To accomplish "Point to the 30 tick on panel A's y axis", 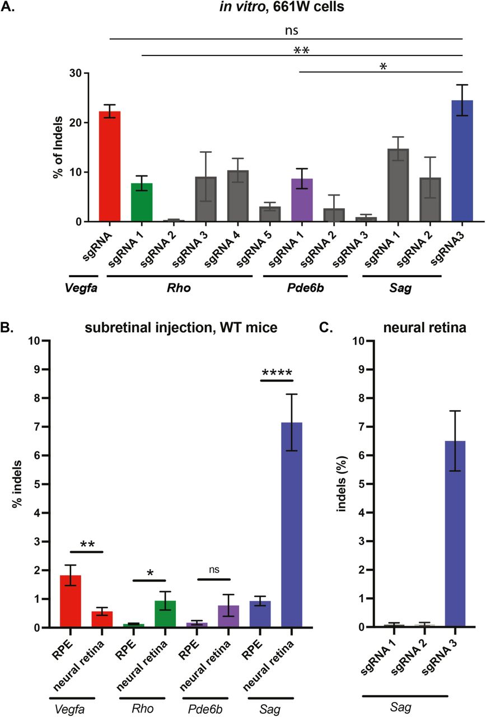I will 74,73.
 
